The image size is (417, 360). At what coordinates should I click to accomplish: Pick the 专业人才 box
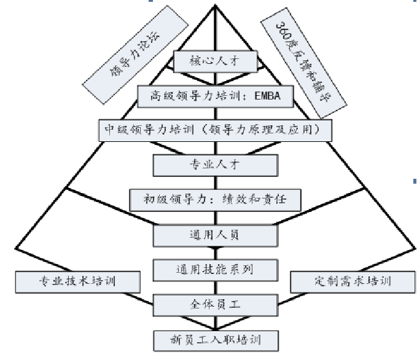click(215, 165)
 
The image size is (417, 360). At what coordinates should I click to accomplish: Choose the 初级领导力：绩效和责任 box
click(215, 200)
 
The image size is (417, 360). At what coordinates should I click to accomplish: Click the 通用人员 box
click(215, 235)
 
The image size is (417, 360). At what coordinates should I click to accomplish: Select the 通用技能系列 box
click(215, 269)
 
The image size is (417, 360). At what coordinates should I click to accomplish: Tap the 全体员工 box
click(215, 303)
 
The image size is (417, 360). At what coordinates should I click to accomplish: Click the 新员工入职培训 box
click(215, 338)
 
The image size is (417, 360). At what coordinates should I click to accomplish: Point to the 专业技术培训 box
click(76, 282)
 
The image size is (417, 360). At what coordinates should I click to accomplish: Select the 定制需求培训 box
click(349, 282)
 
